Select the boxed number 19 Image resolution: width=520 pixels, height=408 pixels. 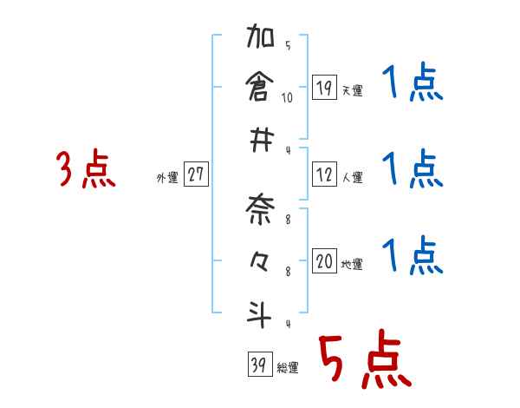[323, 88]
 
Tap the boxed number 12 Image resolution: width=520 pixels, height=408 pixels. [323, 174]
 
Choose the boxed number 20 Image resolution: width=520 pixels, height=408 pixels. [324, 261]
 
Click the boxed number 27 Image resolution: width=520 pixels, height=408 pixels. [196, 174]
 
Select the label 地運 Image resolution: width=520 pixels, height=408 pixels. [352, 265]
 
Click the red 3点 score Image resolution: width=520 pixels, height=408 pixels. [86, 169]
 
